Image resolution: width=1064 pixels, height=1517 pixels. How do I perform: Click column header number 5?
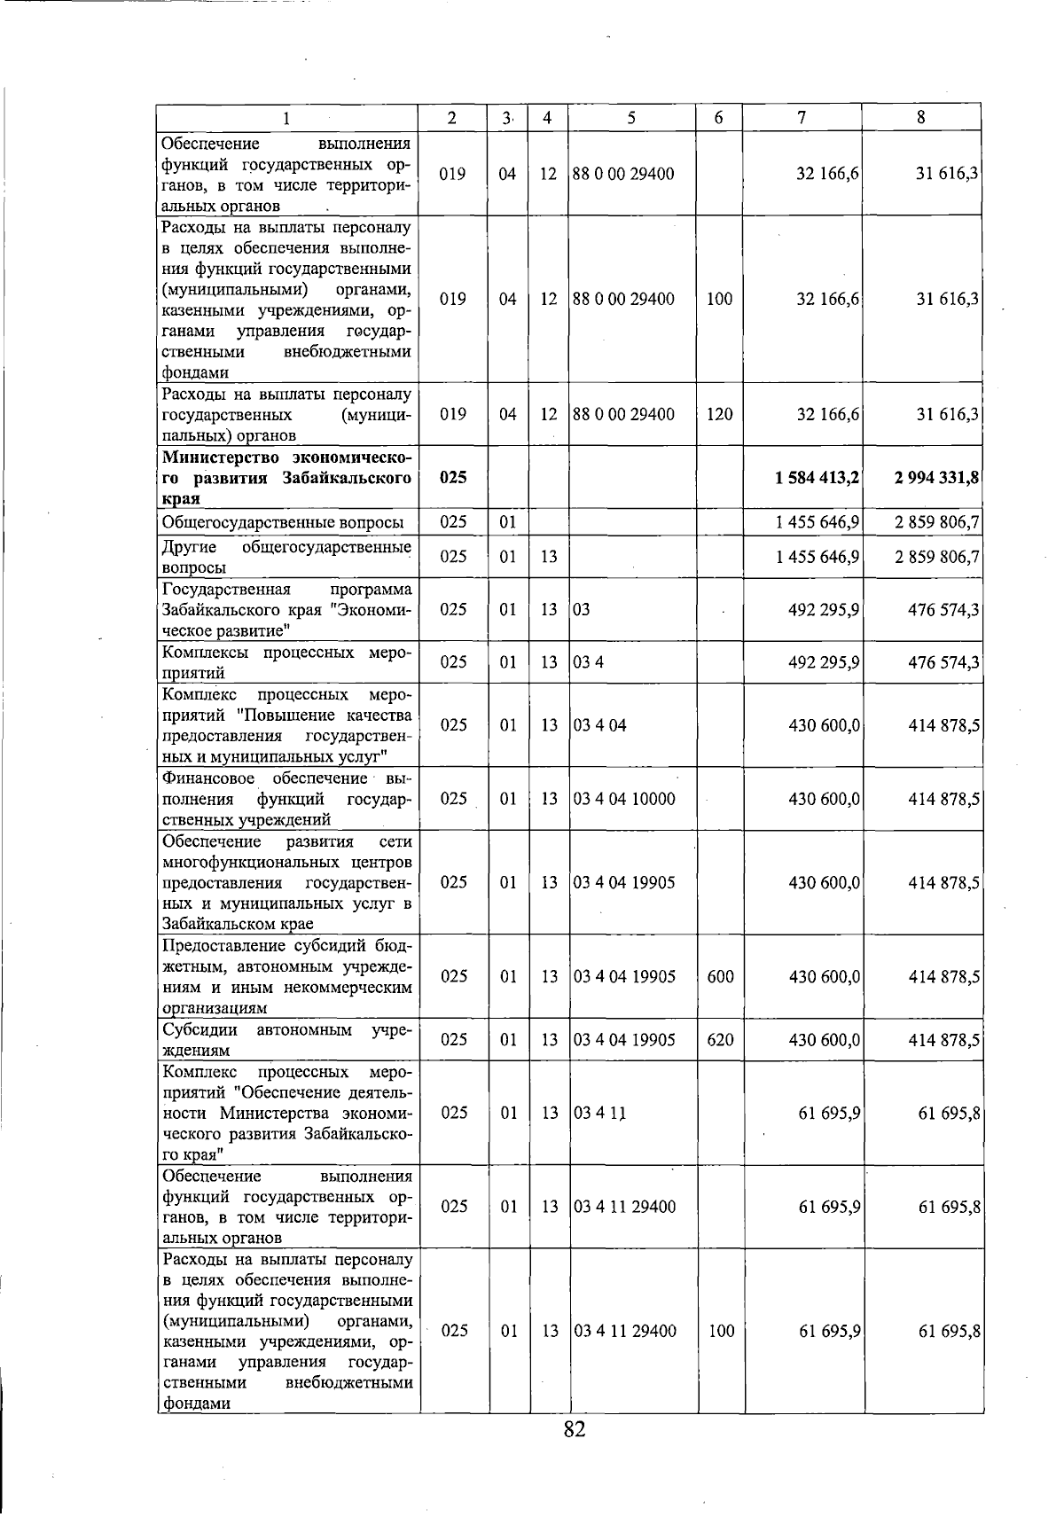tap(630, 117)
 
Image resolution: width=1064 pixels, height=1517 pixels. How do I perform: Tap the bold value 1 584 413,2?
tap(817, 478)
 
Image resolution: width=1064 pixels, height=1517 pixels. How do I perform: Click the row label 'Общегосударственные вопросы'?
tap(283, 521)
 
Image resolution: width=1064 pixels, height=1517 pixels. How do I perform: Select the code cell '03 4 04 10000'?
tap(624, 799)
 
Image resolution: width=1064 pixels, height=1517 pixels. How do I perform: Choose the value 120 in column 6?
tap(719, 414)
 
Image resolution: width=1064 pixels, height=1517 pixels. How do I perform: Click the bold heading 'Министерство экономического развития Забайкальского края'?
tap(286, 478)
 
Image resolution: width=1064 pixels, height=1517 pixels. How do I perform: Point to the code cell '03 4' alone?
tap(589, 662)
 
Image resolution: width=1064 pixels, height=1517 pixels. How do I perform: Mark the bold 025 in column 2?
tap(453, 478)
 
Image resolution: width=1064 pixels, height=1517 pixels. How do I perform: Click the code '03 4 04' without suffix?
tap(600, 725)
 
